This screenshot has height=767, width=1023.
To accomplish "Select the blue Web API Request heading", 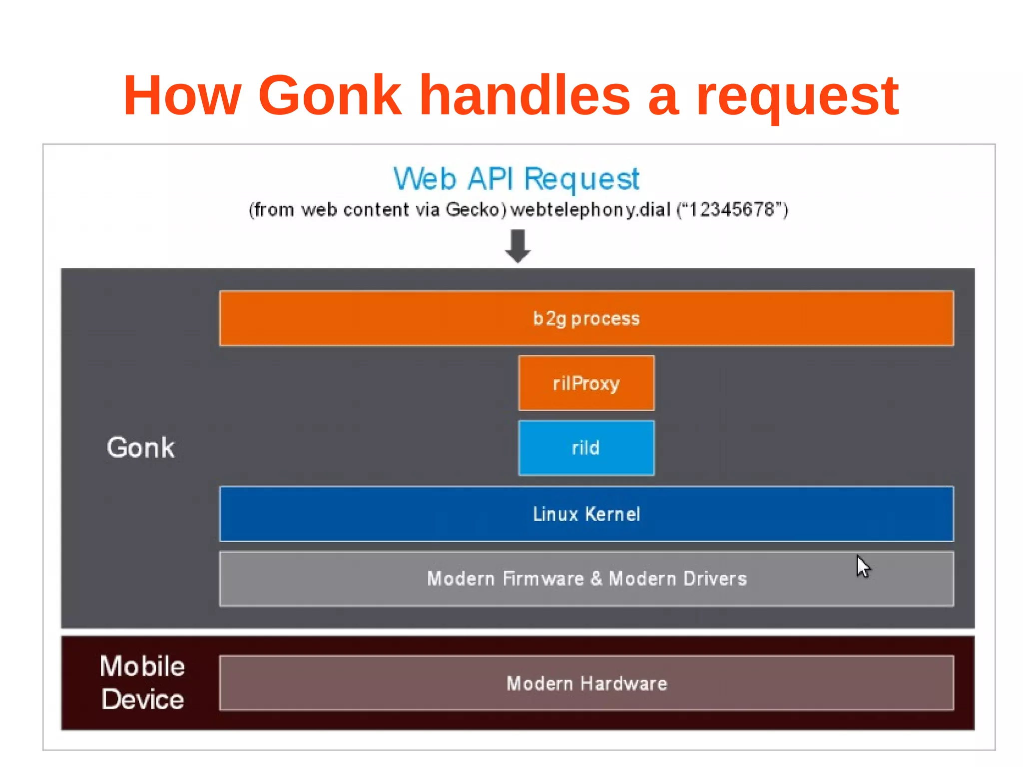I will pos(516,179).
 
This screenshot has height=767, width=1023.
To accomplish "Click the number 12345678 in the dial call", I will pos(732,210).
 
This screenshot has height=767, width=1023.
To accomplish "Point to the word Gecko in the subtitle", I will pos(473,210).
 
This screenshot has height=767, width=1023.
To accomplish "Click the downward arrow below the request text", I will pos(517,246).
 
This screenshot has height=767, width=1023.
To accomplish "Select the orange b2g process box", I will pos(586,318).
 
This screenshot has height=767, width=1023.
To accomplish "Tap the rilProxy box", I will pos(586,383).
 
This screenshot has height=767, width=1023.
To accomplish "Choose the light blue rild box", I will pos(586,448).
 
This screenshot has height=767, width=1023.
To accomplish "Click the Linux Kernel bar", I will pos(586,514).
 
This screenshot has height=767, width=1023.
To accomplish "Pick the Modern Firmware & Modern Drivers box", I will pos(586,579).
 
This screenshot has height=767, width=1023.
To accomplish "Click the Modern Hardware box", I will pos(586,683).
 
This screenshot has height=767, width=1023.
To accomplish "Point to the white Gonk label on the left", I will pos(141,447).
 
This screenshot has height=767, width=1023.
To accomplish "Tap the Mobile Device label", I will pos(142,683).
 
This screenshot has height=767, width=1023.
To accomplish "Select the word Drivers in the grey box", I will pos(715,579).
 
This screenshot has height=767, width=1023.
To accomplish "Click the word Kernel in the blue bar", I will pos(612,514).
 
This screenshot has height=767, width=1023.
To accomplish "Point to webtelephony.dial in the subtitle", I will pos(590,210).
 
